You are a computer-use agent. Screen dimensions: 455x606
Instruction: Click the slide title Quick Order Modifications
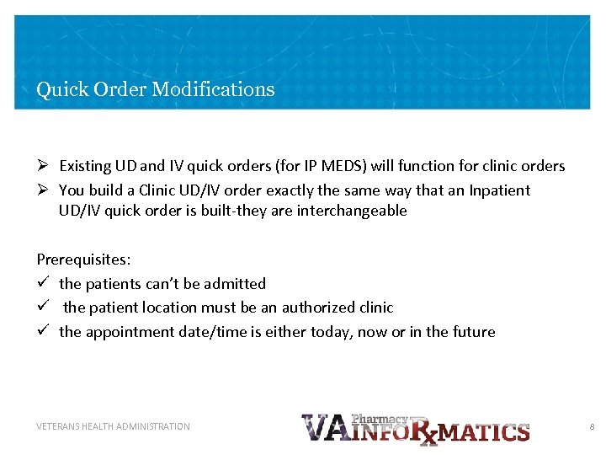(156, 89)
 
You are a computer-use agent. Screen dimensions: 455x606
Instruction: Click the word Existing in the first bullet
(86, 166)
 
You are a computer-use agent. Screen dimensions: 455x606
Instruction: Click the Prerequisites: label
(83, 260)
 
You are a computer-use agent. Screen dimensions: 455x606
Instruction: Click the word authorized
(318, 308)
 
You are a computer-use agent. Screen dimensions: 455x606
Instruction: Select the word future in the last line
(472, 332)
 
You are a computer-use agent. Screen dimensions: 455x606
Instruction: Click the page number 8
(592, 427)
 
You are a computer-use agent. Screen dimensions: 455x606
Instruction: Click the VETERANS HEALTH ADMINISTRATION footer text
(113, 427)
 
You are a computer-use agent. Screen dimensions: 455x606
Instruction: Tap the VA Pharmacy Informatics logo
(415, 428)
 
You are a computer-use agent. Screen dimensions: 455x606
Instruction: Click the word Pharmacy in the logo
(380, 419)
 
